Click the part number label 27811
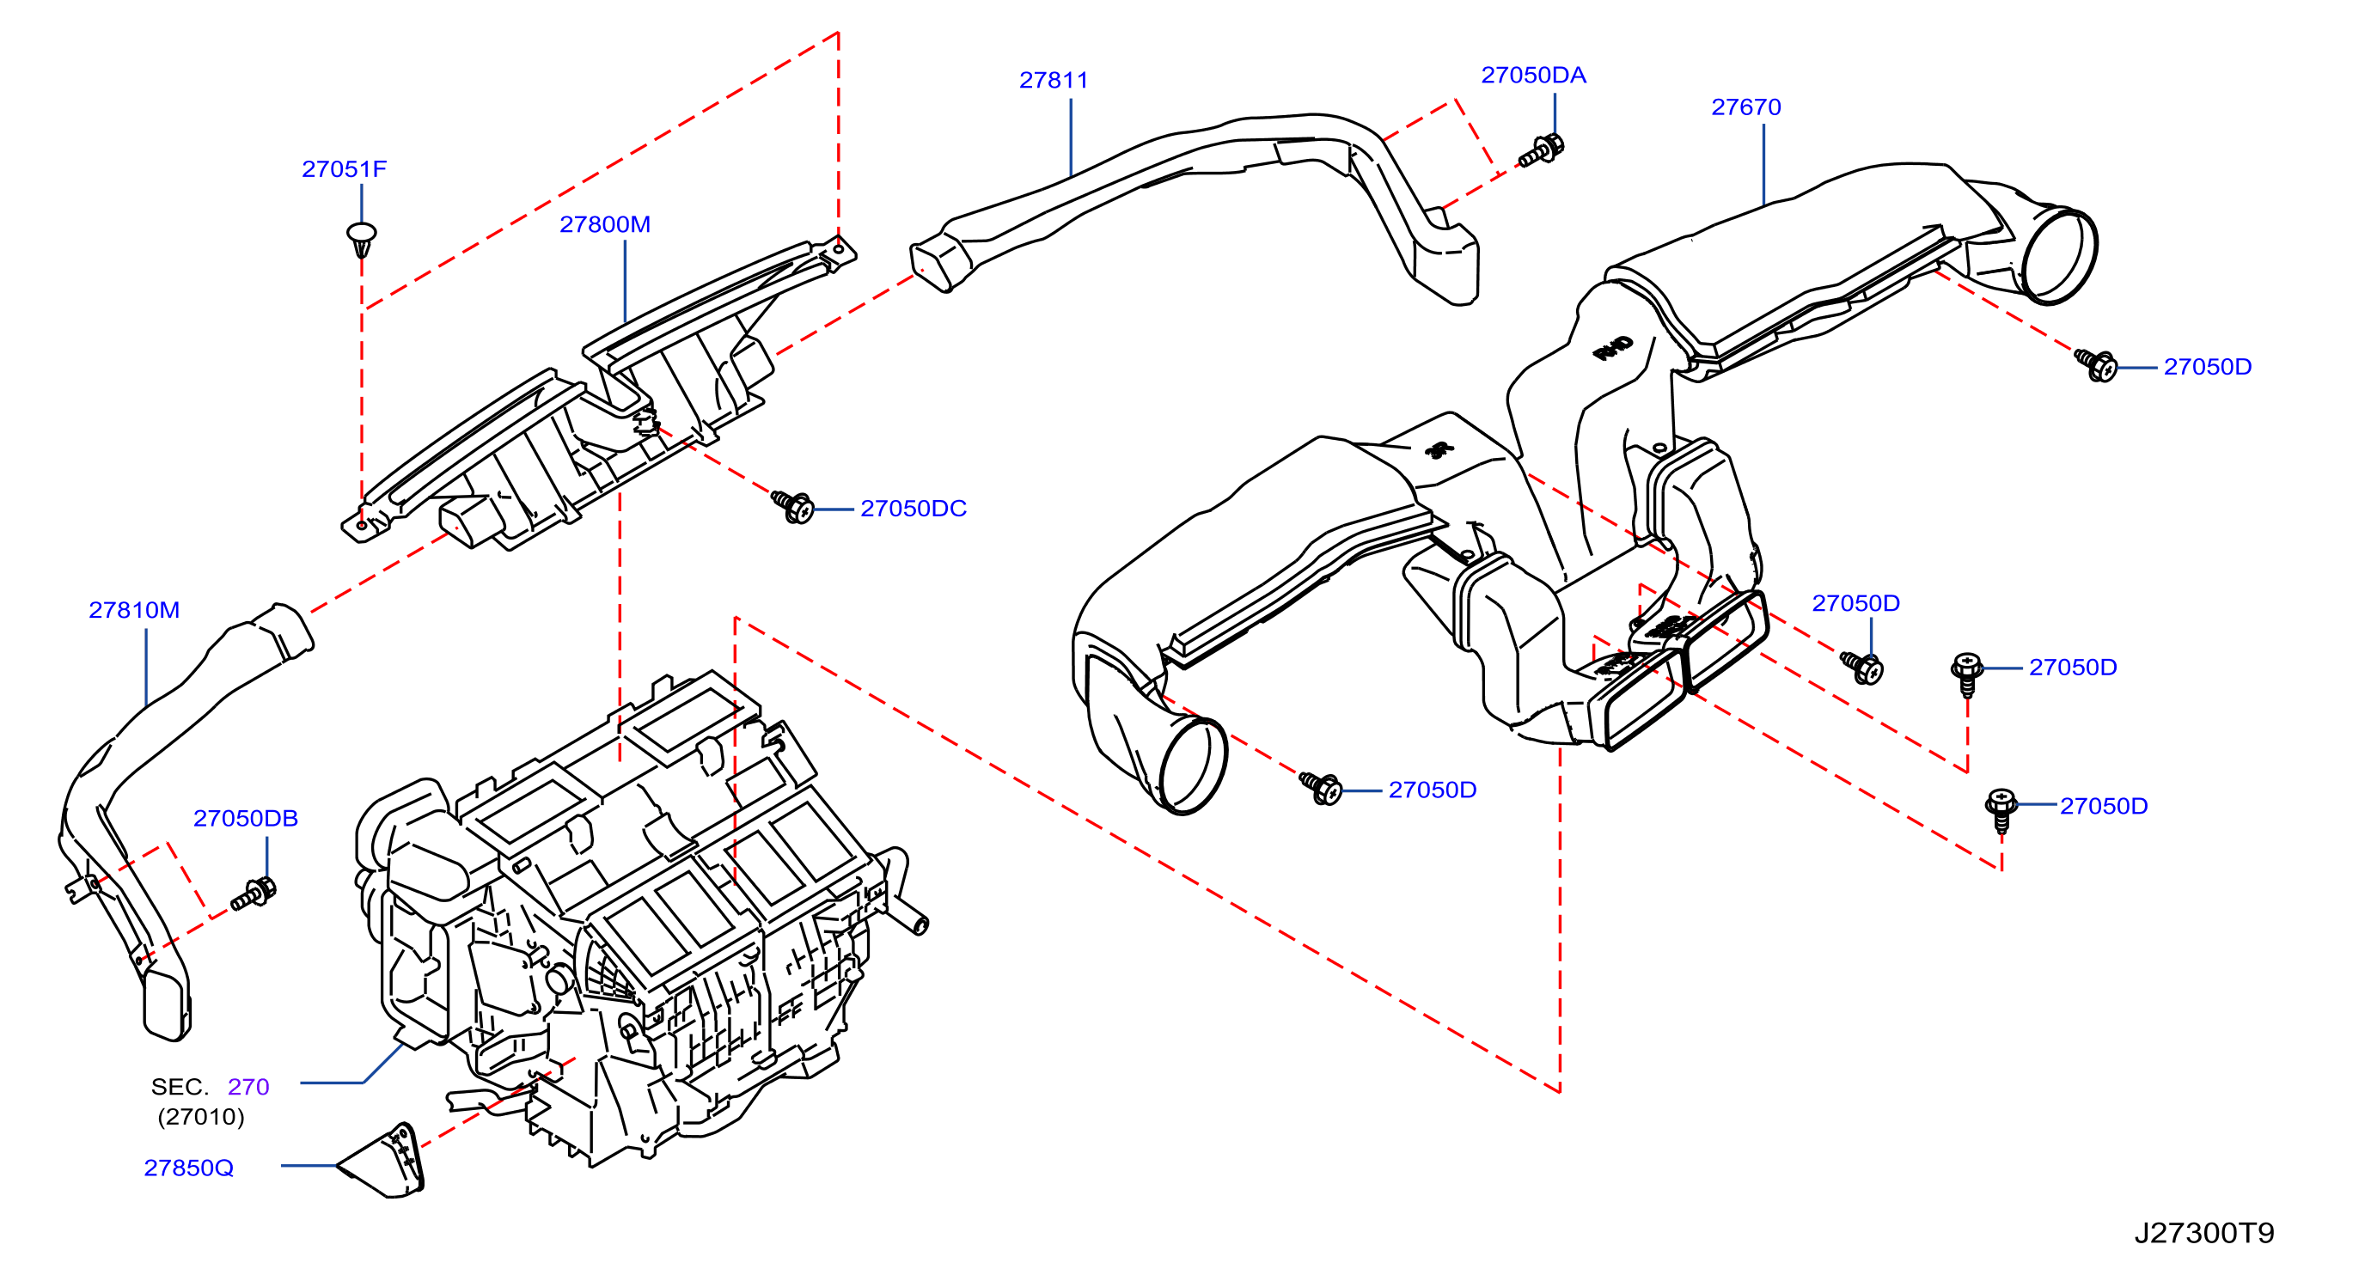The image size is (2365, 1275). (1053, 80)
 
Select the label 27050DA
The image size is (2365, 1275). (1533, 76)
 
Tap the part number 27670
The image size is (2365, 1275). (1745, 107)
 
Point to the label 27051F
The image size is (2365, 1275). (345, 169)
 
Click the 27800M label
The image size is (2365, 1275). (605, 224)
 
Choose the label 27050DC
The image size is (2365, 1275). (914, 509)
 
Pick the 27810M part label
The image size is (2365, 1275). (134, 609)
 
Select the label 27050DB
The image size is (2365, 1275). (245, 818)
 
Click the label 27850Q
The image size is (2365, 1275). (188, 1168)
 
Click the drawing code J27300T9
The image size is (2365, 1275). (2204, 1233)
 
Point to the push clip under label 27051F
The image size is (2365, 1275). (362, 238)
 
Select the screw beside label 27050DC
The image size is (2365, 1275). (792, 506)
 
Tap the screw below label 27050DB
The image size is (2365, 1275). (254, 894)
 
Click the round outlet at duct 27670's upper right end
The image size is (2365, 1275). (2059, 256)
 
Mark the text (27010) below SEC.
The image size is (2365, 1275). (201, 1117)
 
